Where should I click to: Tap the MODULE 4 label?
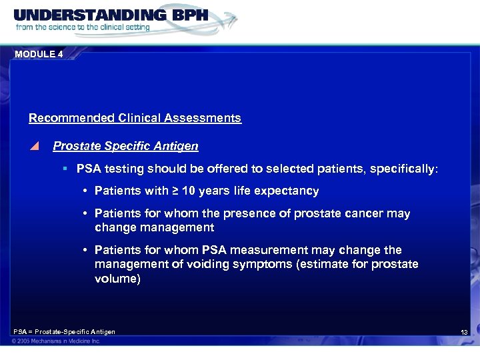click(38, 55)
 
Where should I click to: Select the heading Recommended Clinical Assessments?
click(135, 118)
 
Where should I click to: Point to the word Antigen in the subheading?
click(178, 145)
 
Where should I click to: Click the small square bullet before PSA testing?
click(65, 169)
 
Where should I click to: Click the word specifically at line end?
click(403, 169)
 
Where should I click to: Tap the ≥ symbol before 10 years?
click(175, 191)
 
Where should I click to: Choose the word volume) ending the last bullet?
click(117, 279)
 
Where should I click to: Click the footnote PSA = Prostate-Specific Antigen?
click(64, 332)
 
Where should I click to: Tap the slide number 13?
click(464, 333)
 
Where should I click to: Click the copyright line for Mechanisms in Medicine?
click(55, 341)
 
